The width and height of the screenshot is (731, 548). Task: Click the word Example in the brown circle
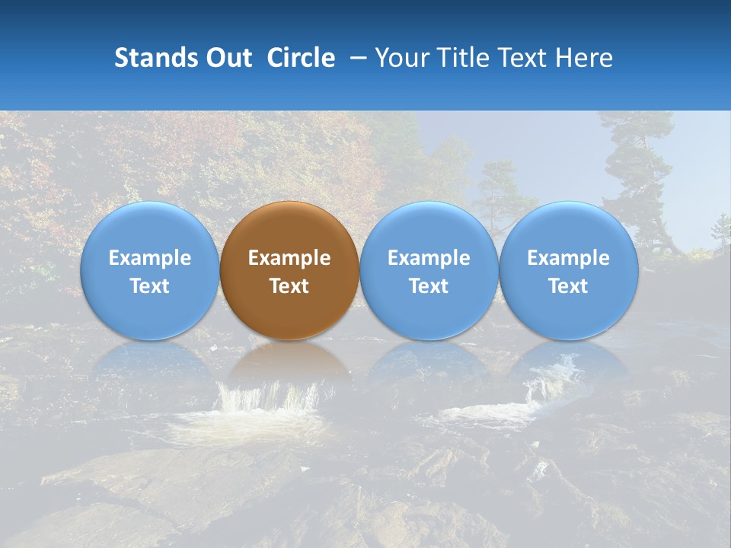point(289,258)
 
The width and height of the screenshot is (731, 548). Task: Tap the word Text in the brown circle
point(289,286)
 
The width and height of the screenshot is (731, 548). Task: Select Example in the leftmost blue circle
point(149,258)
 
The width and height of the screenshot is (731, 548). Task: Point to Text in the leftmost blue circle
point(149,286)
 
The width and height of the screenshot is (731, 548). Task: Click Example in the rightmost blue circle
point(568,258)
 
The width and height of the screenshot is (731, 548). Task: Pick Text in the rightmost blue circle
point(568,286)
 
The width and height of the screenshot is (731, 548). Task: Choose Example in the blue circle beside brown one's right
point(429,258)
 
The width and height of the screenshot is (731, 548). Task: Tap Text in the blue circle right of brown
point(429,286)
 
